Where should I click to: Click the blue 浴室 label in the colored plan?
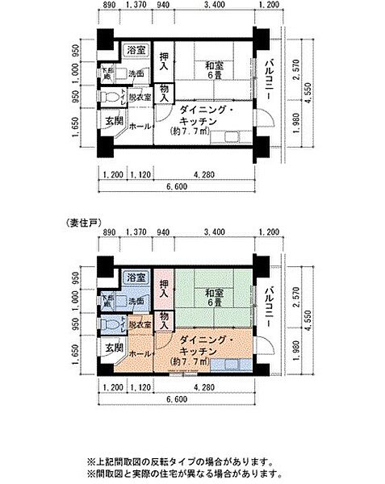tap(133, 277)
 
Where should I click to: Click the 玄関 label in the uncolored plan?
tap(110, 123)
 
